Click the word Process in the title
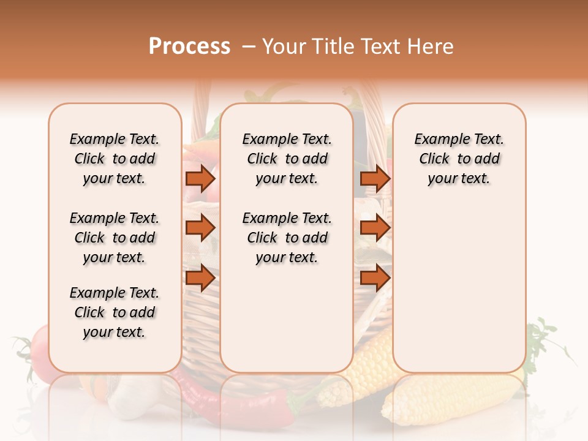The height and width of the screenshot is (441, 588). pyautogui.click(x=189, y=47)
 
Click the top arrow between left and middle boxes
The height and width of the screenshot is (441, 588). pyautogui.click(x=200, y=178)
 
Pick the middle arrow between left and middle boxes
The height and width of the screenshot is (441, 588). pyautogui.click(x=200, y=228)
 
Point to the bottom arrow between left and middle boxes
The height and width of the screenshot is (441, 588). pyautogui.click(x=200, y=278)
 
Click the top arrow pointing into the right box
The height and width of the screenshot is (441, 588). pyautogui.click(x=375, y=178)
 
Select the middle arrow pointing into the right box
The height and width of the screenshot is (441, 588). pyautogui.click(x=375, y=228)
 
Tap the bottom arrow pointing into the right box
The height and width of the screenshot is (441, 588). pyautogui.click(x=375, y=278)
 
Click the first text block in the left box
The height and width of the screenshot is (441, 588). pyautogui.click(x=115, y=159)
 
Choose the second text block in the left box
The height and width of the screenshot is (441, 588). pyautogui.click(x=115, y=238)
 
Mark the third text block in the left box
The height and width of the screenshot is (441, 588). pyautogui.click(x=115, y=312)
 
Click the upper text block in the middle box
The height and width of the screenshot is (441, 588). pyautogui.click(x=287, y=159)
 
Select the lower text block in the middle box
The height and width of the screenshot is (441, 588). pyautogui.click(x=287, y=238)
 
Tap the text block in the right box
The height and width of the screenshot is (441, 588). pyautogui.click(x=459, y=159)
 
